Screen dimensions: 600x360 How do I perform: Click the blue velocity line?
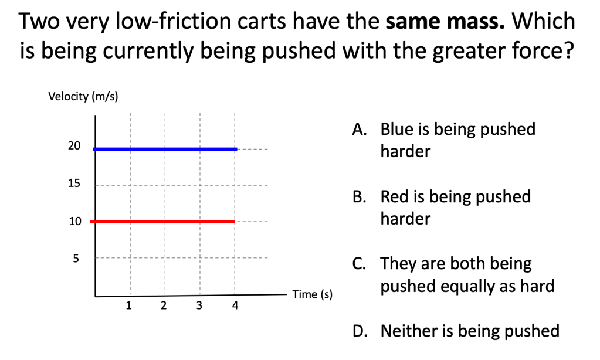[165, 149]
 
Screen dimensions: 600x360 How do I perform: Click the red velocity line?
[162, 222]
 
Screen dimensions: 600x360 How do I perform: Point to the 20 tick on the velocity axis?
[74, 146]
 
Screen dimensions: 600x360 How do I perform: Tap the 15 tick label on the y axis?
[74, 184]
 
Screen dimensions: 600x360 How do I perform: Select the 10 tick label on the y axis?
[75, 221]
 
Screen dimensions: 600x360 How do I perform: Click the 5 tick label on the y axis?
[76, 259]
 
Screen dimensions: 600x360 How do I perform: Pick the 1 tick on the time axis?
[128, 305]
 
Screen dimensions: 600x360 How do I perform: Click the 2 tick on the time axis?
[164, 305]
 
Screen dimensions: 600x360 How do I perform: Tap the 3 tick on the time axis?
[199, 305]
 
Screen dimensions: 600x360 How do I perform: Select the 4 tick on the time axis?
[235, 305]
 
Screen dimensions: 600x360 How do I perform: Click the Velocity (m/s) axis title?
[83, 96]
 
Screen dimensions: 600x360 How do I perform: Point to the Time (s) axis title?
[312, 294]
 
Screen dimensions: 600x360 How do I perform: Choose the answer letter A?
[360, 130]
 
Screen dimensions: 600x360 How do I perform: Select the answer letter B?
[360, 196]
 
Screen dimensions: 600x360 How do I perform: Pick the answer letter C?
[359, 264]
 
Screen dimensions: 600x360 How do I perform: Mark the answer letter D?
[360, 331]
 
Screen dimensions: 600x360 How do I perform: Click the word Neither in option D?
[409, 331]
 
